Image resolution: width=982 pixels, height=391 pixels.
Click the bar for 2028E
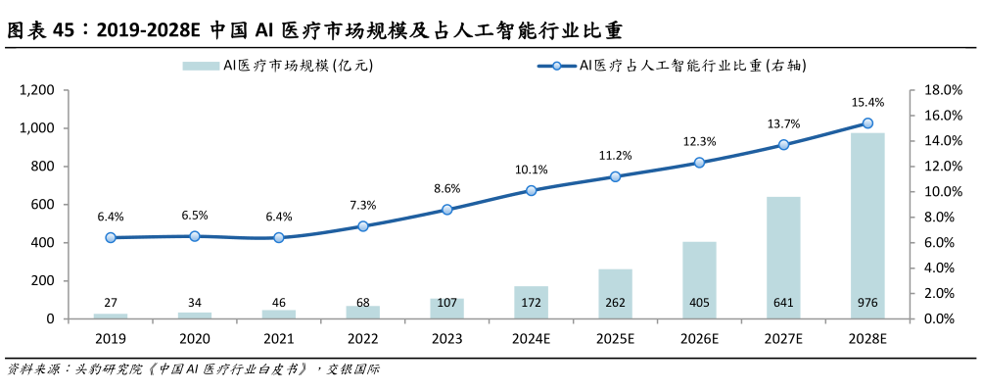(866, 225)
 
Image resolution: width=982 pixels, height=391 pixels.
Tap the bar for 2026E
(698, 279)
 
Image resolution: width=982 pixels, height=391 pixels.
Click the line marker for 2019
(111, 237)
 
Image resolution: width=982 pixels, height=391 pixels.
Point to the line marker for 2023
(446, 210)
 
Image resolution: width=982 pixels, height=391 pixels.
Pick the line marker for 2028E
(866, 123)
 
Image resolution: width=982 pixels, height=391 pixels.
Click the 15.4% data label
(867, 102)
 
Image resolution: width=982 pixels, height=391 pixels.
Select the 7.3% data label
(363, 205)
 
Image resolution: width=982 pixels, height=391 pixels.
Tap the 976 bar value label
(867, 303)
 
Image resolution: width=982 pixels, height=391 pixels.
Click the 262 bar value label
(615, 303)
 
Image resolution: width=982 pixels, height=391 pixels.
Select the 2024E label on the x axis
(531, 338)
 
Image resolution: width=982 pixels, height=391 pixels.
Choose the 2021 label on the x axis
(278, 338)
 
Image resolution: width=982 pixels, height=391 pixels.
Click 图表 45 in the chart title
(41, 30)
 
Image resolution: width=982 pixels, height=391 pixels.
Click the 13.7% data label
(783, 123)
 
